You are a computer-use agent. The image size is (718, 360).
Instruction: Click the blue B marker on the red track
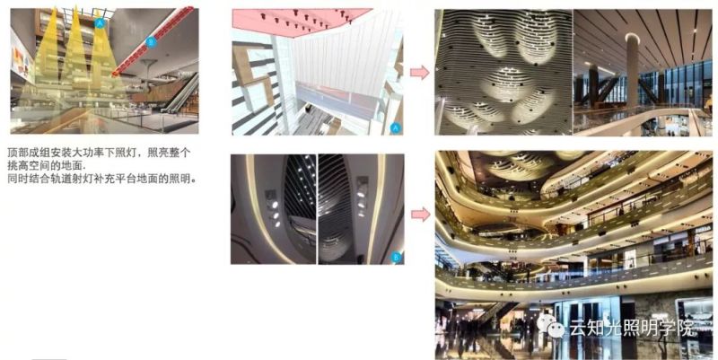tap(151, 42)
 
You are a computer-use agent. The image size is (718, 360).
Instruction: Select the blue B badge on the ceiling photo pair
tap(396, 258)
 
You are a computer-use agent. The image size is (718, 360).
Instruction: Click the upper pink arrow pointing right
tap(418, 73)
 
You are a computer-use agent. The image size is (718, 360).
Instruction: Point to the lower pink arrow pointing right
tap(418, 214)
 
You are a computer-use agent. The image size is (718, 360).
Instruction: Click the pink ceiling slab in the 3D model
tap(296, 17)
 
